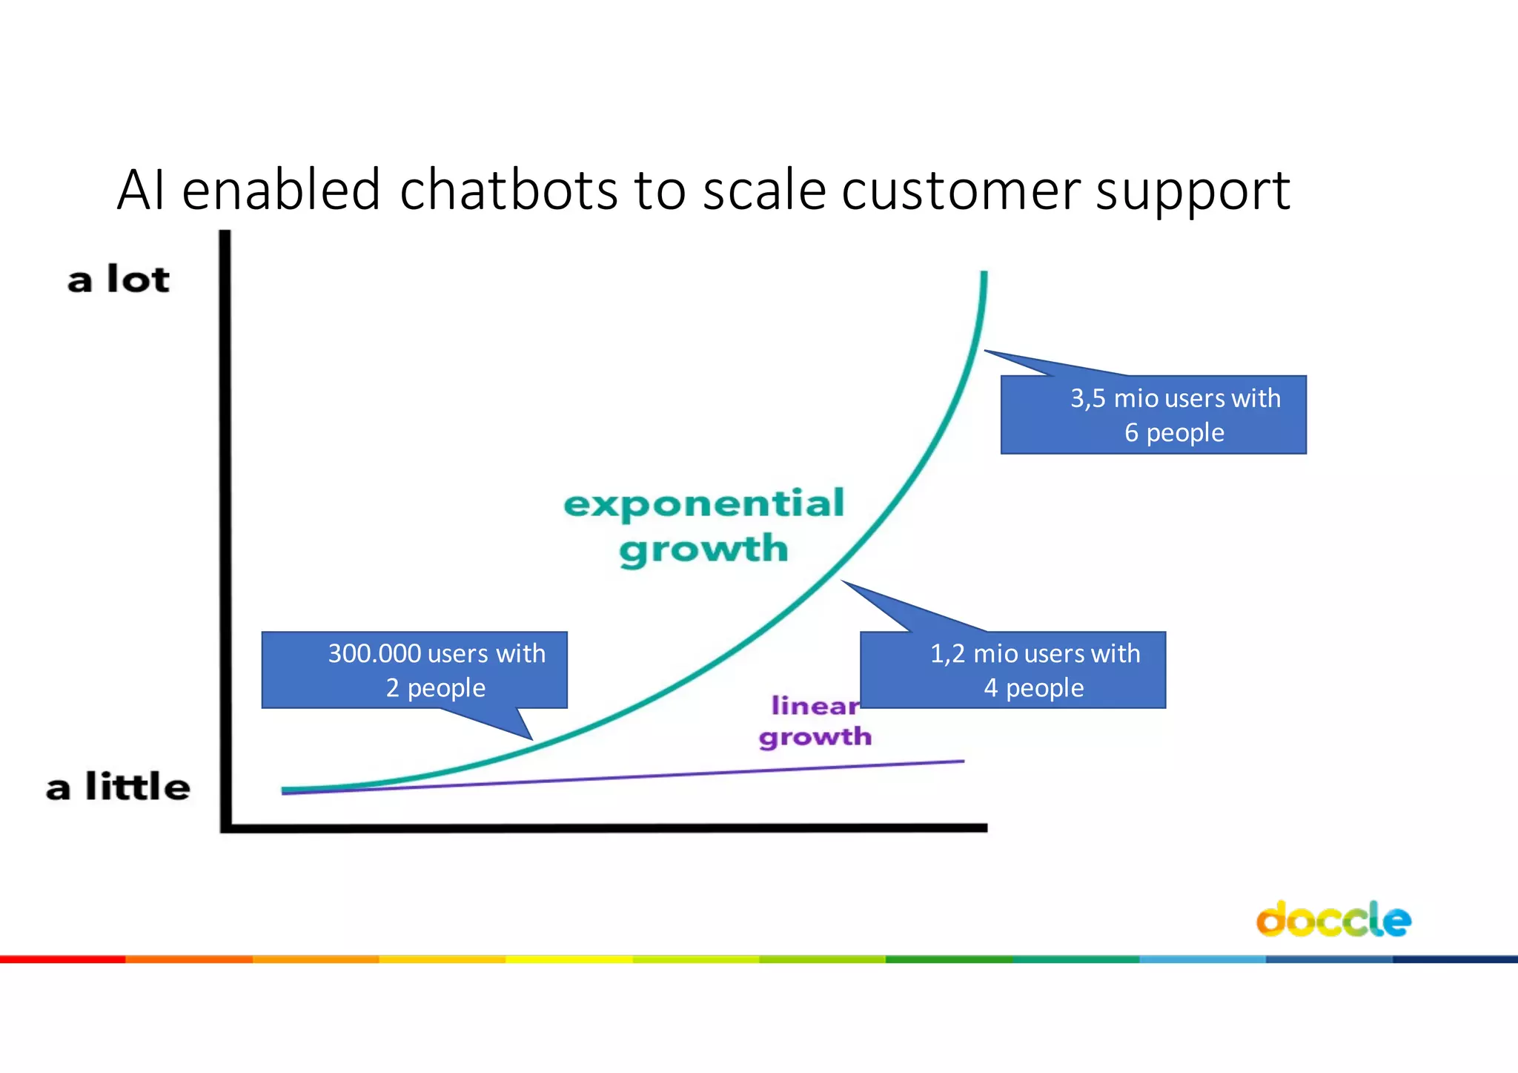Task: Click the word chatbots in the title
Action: tap(508, 190)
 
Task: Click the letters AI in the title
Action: tap(140, 190)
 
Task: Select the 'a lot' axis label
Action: tap(119, 280)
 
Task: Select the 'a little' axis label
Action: tap(118, 787)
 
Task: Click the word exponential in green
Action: tap(703, 505)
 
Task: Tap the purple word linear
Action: tap(815, 705)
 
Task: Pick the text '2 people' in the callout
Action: tap(435, 688)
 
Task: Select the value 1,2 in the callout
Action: tap(947, 653)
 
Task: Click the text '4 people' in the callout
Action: tap(1033, 688)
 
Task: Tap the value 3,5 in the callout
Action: tap(1087, 398)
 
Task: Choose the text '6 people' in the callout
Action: tap(1174, 432)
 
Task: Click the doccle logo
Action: tap(1333, 920)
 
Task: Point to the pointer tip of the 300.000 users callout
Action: tap(531, 739)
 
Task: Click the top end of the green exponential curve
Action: tap(984, 274)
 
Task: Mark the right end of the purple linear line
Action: tap(963, 761)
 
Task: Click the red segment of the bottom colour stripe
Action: tap(63, 959)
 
